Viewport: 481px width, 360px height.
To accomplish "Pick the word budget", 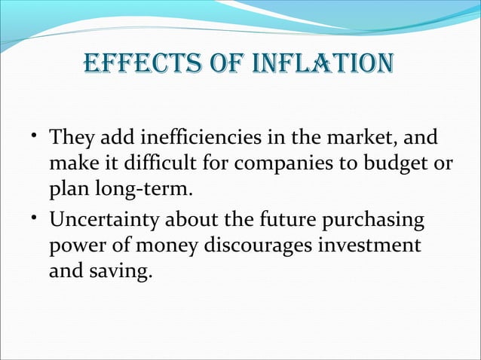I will point(384,164).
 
